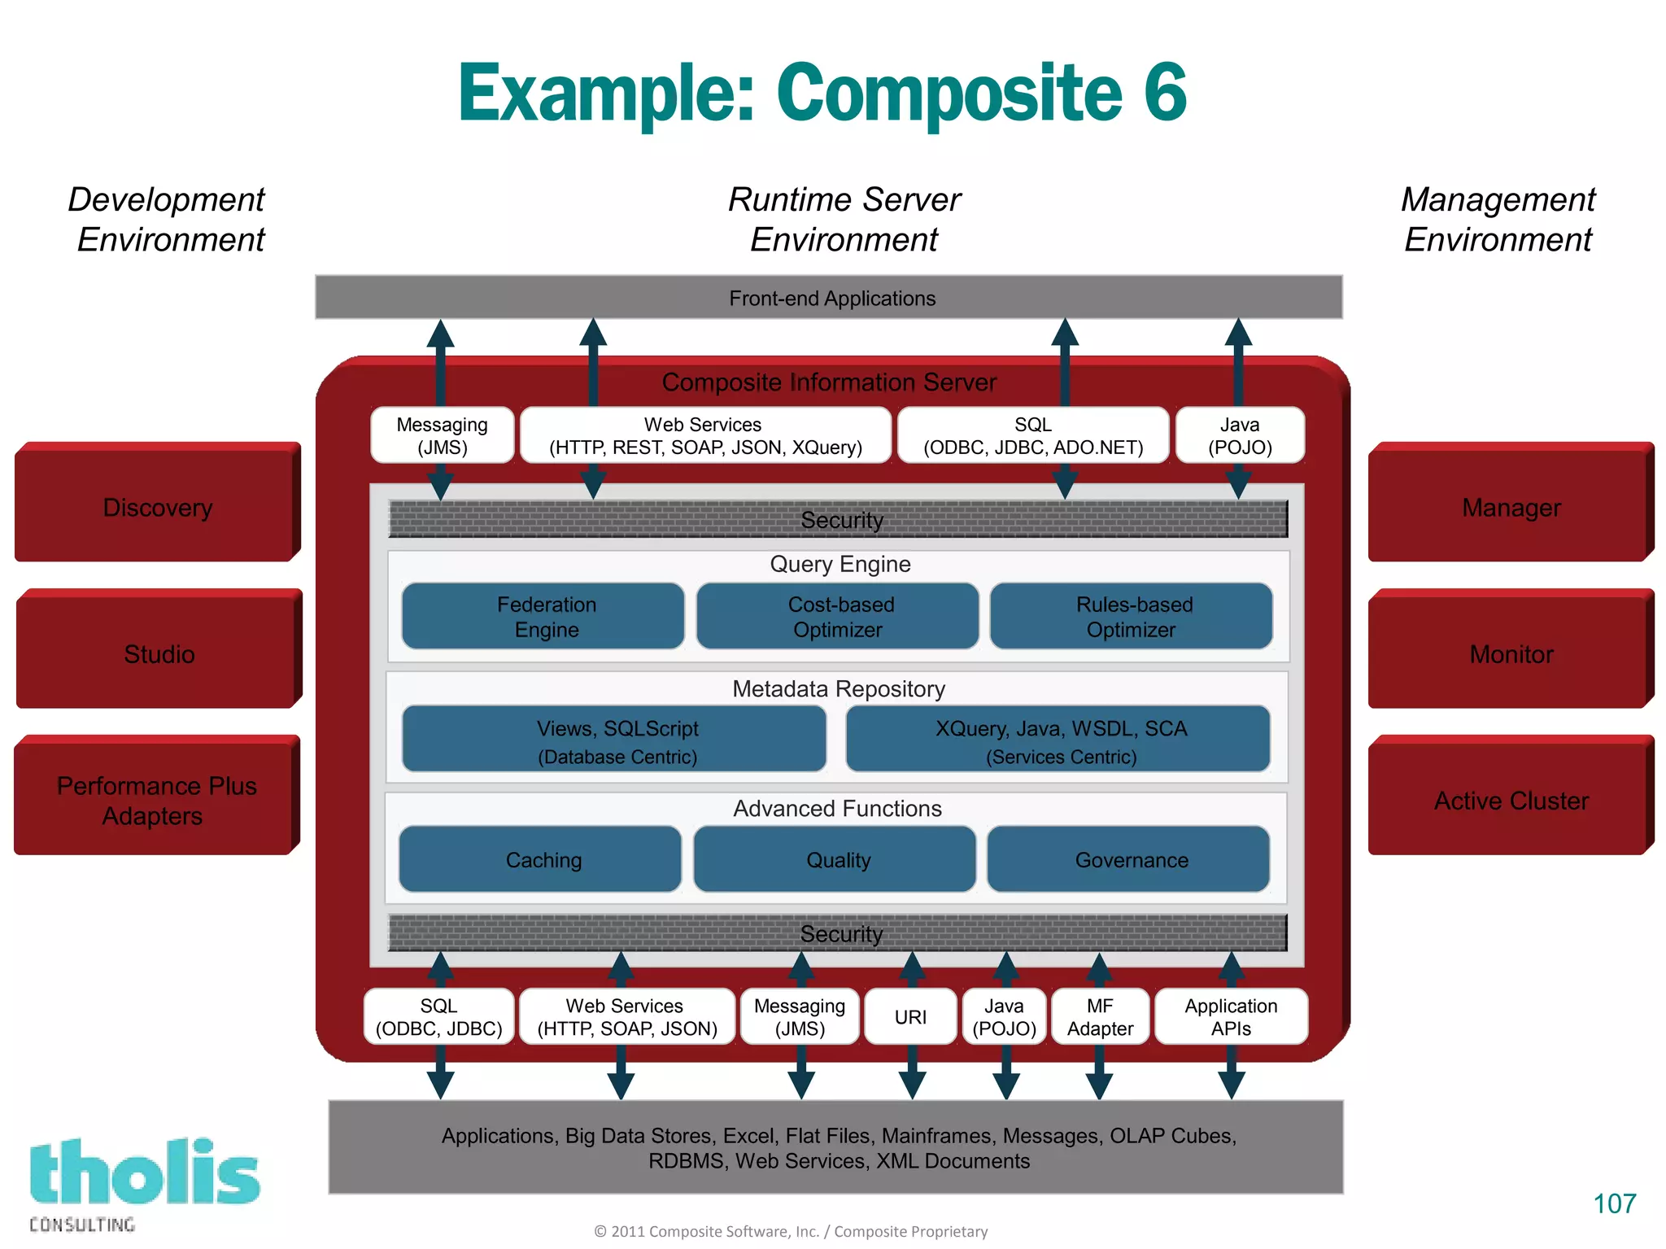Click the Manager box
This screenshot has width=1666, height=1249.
point(1510,506)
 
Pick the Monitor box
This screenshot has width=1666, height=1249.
point(1510,653)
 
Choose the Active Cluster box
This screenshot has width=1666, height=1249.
point(1510,799)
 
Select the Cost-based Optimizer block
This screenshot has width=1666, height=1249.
point(838,616)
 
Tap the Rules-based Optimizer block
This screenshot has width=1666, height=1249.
point(1132,616)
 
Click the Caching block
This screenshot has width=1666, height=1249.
point(542,859)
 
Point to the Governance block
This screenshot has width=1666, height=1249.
point(1129,859)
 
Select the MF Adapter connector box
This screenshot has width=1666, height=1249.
point(1099,1016)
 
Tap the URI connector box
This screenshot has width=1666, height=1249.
point(909,1016)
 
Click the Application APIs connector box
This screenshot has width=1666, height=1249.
point(1230,1016)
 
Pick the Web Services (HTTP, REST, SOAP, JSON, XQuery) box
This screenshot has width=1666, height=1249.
point(704,435)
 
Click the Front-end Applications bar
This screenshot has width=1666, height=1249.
point(830,298)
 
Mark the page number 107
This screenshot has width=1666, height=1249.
point(1614,1203)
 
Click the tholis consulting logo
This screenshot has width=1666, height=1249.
point(143,1181)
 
